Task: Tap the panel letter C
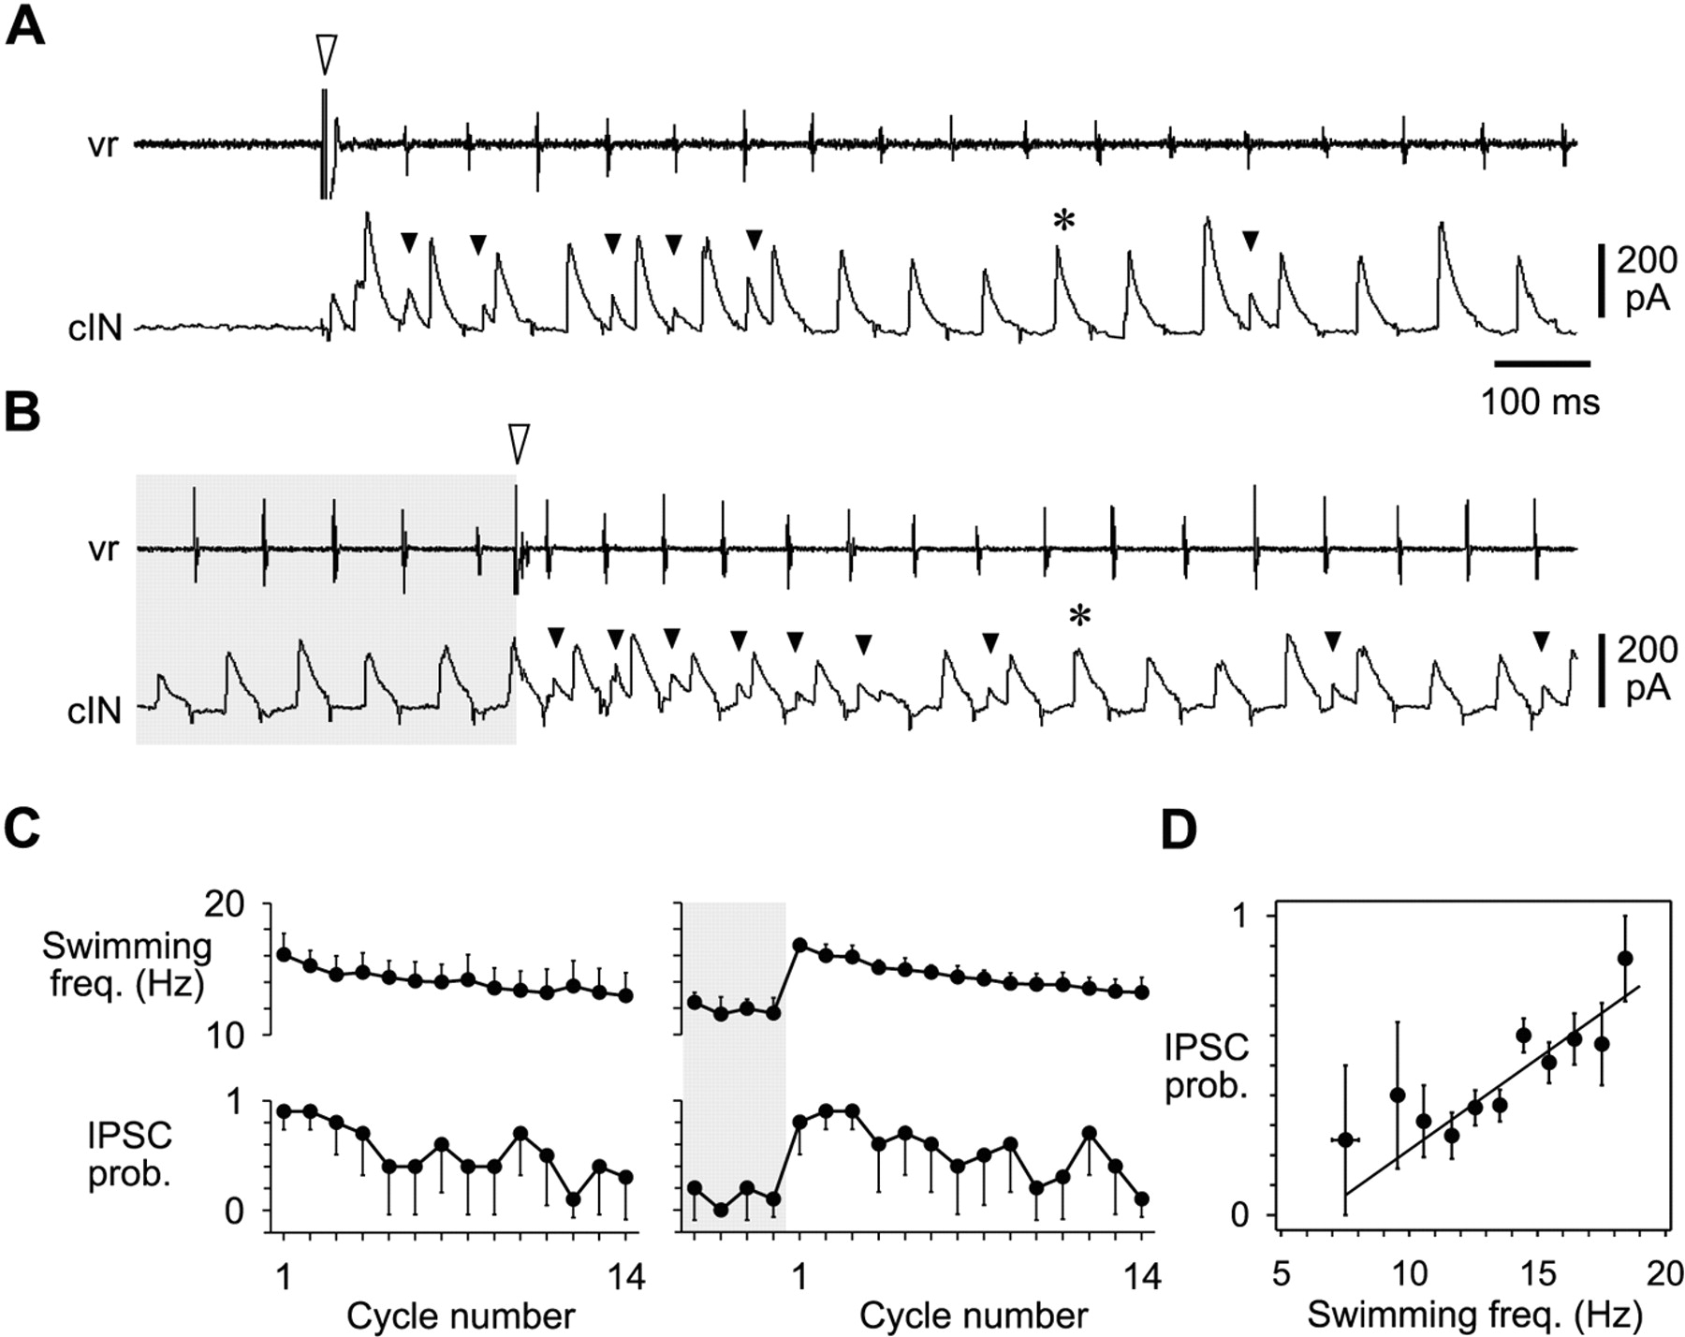(x=22, y=828)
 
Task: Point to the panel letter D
(x=1179, y=830)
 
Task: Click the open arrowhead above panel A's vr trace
(x=325, y=54)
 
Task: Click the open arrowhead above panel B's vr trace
(x=518, y=443)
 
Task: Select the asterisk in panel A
(x=1063, y=222)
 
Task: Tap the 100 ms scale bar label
(x=1540, y=402)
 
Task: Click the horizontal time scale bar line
(x=1542, y=363)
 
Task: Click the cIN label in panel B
(x=95, y=712)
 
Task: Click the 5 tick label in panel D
(x=1281, y=1275)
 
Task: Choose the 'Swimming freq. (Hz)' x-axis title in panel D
(x=1474, y=1315)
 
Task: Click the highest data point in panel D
(x=1625, y=958)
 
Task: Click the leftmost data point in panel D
(x=1345, y=1139)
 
